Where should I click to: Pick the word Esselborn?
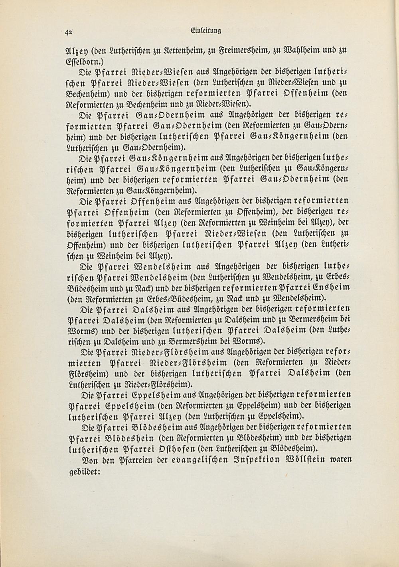pos(82,62)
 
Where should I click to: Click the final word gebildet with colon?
pos(83,471)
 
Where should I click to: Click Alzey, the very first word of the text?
pos(73,50)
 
